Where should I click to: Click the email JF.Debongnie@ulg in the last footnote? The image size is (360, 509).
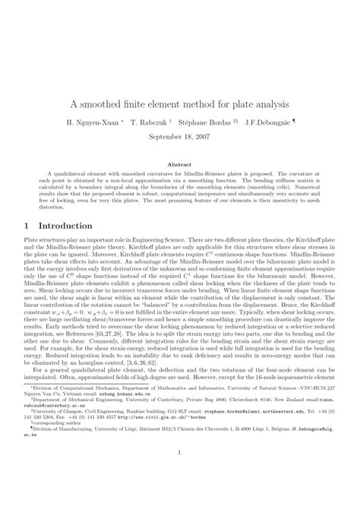pos(311,450)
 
